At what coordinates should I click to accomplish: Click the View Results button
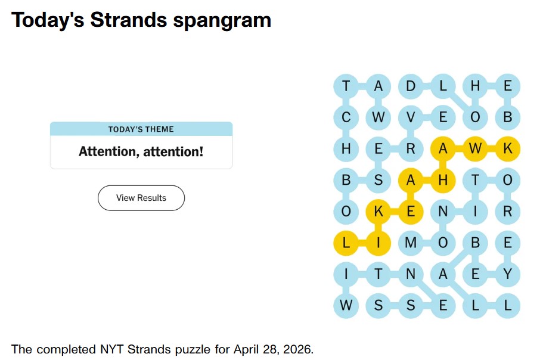[141, 198]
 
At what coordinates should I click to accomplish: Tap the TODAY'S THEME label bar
[141, 129]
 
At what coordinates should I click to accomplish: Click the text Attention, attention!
[141, 151]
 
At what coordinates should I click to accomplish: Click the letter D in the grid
[411, 86]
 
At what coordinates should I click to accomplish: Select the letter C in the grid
[346, 117]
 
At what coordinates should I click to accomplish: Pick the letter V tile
[411, 117]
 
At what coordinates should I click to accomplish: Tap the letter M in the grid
[411, 243]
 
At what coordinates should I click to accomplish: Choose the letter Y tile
[507, 274]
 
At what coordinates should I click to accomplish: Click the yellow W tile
[475, 149]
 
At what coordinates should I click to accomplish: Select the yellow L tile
[346, 243]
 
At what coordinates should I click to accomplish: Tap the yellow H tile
[443, 181]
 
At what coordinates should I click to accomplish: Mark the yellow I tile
[378, 243]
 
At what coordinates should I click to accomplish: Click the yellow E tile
[411, 212]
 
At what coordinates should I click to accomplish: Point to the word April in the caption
[245, 349]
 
